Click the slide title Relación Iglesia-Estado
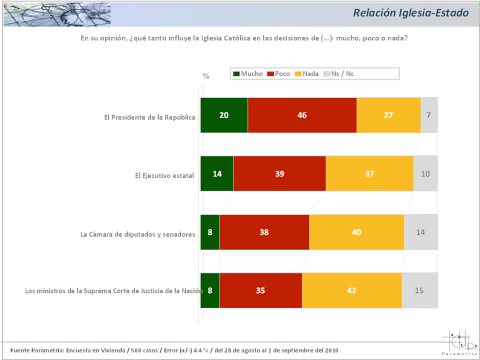point(410,13)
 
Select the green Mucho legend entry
point(248,74)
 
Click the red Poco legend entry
point(278,74)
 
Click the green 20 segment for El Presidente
point(224,115)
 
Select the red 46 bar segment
point(302,115)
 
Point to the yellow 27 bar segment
point(388,115)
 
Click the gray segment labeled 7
point(429,115)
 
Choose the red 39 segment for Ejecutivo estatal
point(279,173)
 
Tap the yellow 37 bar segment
point(369,173)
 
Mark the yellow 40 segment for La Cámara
point(356,232)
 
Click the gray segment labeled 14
point(420,232)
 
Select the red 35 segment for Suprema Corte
point(260,290)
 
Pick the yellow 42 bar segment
point(352,290)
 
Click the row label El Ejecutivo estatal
point(164,175)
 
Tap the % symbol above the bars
point(206,76)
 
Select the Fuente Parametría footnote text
point(177,349)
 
